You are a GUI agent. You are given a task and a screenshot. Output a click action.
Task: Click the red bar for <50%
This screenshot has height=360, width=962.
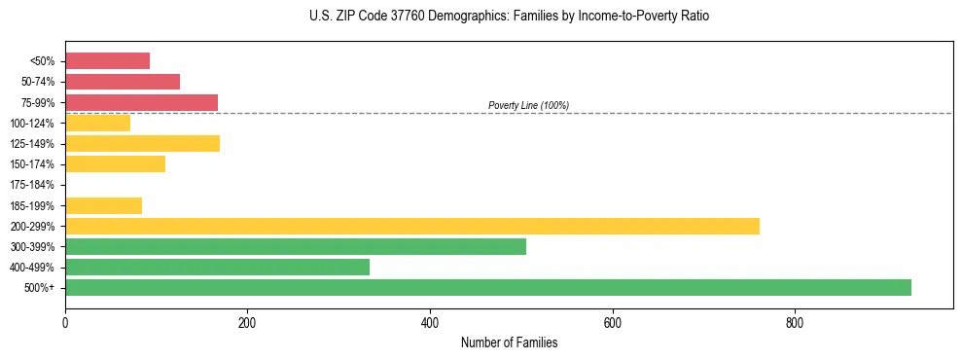coord(107,61)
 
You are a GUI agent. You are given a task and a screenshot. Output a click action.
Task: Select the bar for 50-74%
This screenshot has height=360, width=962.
coord(123,82)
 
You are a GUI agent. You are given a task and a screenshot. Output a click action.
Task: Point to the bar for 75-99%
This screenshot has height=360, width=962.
coord(141,102)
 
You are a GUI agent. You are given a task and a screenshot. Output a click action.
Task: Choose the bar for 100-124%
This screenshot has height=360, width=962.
coord(97,123)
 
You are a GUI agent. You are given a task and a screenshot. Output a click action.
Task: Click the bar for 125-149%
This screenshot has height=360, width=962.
coord(142,143)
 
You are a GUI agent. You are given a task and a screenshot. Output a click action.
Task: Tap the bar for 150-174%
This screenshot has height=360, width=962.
coord(115,163)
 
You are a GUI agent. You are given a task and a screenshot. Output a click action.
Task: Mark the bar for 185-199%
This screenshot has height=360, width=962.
coord(103,205)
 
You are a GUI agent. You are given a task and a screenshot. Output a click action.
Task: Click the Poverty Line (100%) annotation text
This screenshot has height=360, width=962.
coord(528,105)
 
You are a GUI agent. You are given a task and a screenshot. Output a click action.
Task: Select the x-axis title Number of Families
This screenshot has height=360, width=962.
coord(509,342)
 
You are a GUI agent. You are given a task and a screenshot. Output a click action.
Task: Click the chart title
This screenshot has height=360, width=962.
coord(509,17)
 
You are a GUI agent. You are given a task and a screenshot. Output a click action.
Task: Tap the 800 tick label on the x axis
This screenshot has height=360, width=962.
coord(795,323)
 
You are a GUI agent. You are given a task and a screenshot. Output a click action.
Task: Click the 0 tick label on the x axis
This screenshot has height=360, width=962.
coord(65,323)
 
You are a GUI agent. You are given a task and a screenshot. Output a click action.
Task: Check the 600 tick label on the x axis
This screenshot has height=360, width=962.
coord(613,323)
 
